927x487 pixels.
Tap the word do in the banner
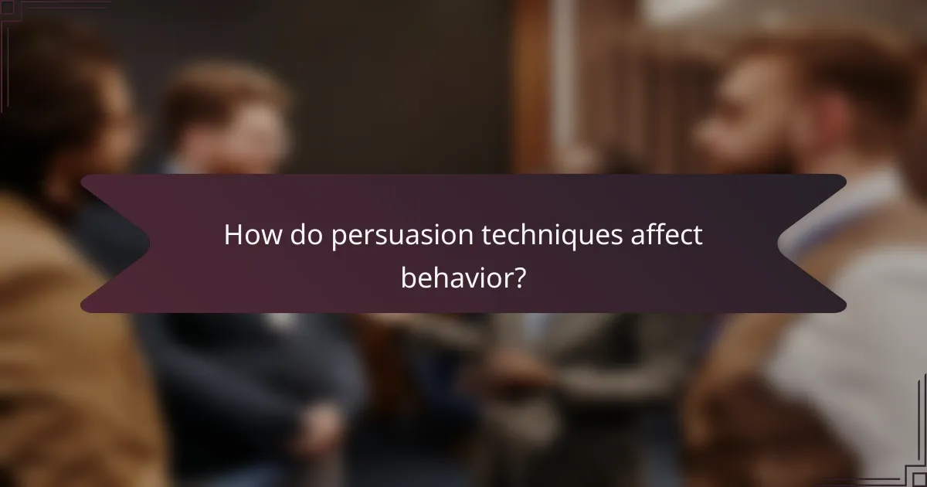pyautogui.click(x=307, y=236)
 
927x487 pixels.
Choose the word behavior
pyautogui.click(x=455, y=276)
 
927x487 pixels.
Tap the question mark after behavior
pyautogui.click(x=520, y=276)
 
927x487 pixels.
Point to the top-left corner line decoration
pyautogui.click(x=15, y=15)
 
